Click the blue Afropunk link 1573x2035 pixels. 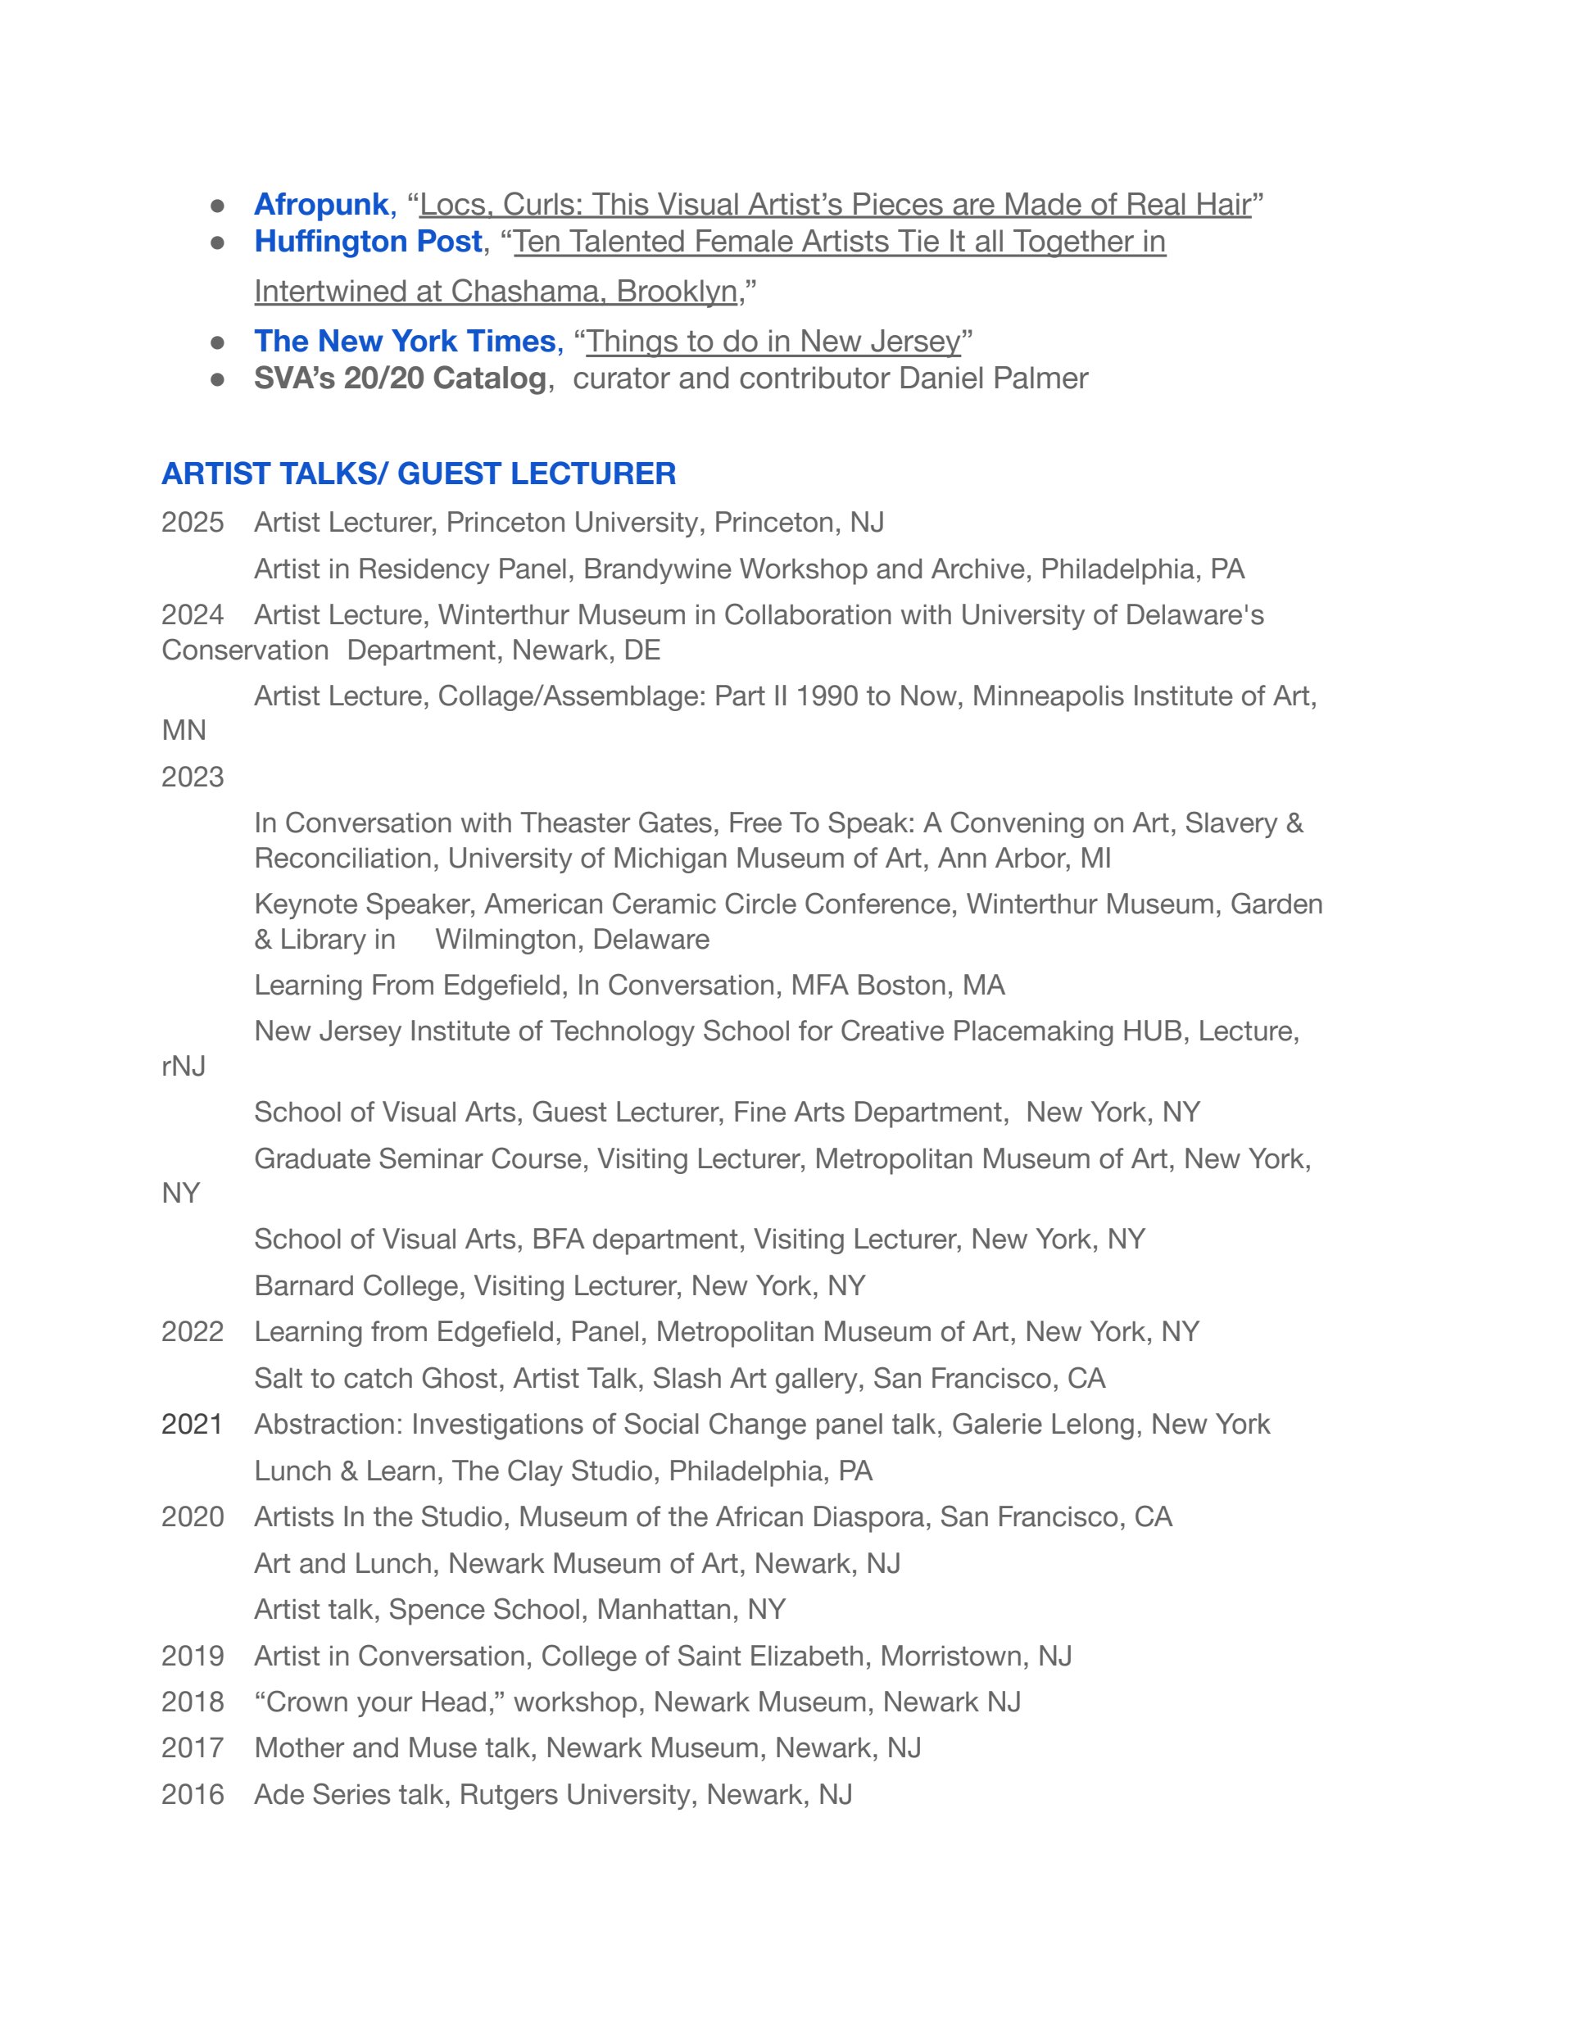click(320, 204)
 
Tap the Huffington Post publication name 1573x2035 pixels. click(368, 242)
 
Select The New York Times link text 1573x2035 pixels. click(405, 341)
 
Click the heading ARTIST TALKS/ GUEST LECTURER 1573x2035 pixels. click(419, 474)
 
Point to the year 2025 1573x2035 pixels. click(192, 522)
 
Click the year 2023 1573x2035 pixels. click(192, 777)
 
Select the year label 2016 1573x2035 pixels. click(192, 1795)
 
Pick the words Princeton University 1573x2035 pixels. click(571, 522)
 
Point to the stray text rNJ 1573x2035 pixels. click(184, 1066)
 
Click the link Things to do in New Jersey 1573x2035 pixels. click(773, 341)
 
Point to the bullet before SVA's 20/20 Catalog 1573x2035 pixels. click(218, 379)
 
